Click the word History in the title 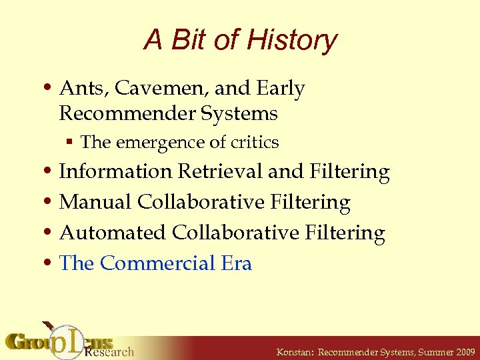tap(291, 40)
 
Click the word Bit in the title tap(191, 40)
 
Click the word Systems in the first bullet tap(243, 113)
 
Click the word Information tap(115, 171)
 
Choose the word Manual tap(95, 202)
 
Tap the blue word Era tap(236, 263)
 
